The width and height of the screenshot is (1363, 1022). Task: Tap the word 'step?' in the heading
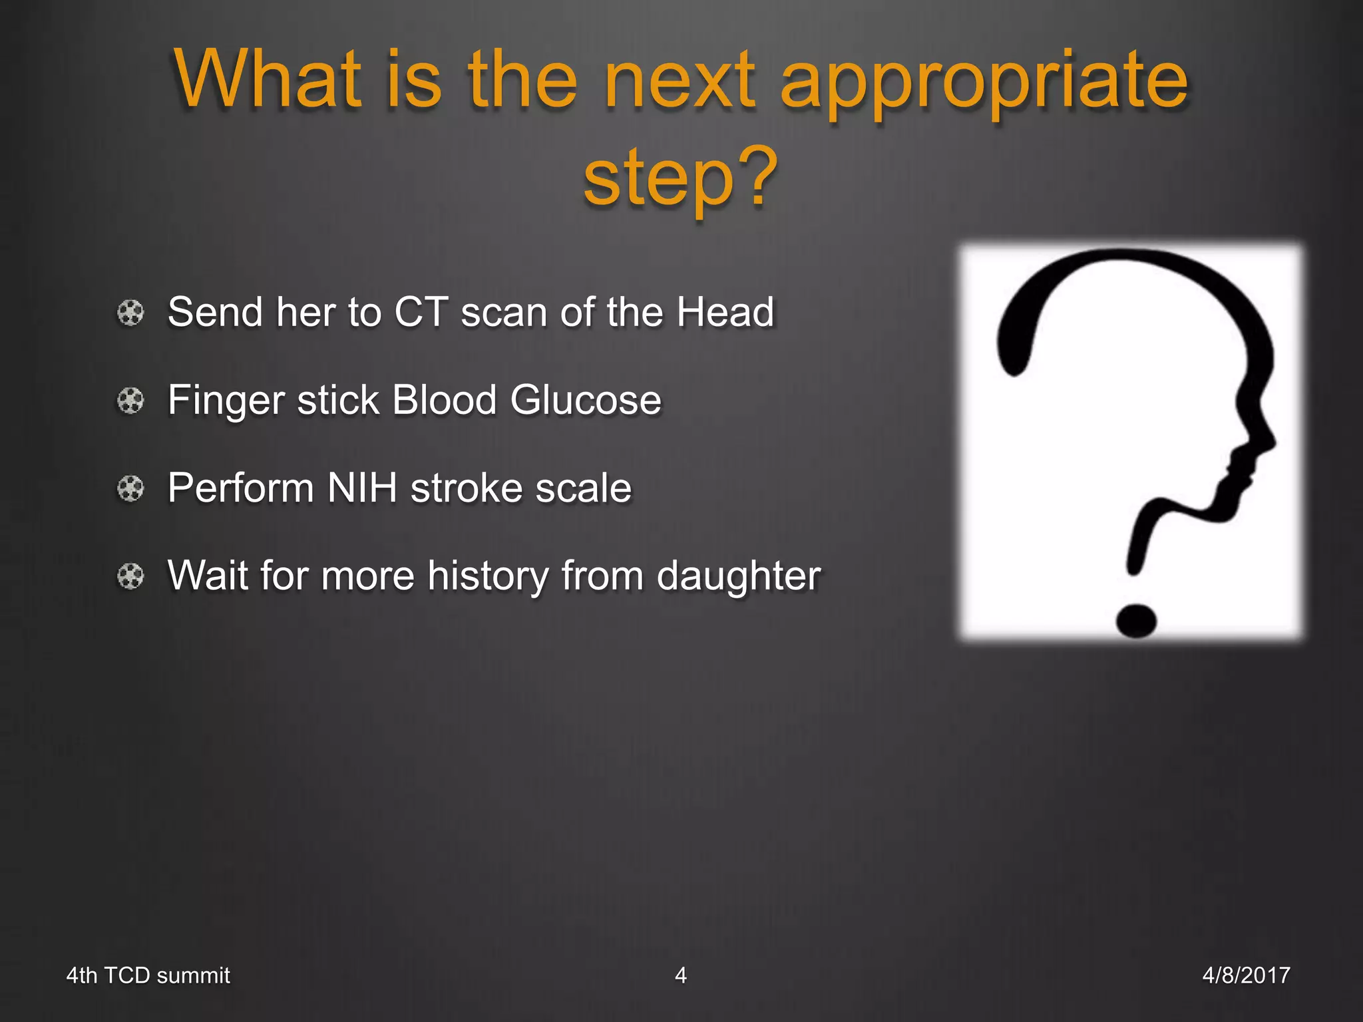(680, 178)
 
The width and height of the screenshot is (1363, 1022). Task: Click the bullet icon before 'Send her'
(130, 313)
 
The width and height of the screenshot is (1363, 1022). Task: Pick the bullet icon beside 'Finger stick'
(130, 401)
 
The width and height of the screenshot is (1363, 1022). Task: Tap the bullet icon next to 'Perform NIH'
(130, 488)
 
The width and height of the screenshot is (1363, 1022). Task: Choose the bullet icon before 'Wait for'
(130, 576)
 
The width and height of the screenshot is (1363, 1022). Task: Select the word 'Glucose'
(586, 401)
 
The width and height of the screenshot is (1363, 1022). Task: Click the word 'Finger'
(226, 401)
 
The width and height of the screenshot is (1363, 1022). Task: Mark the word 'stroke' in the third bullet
(467, 488)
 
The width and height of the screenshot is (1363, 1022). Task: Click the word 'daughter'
(738, 576)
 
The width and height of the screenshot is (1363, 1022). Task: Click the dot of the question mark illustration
(1136, 621)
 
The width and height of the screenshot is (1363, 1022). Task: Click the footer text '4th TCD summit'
(148, 975)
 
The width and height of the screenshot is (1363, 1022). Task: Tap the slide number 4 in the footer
(680, 975)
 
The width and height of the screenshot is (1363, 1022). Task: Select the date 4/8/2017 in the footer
(1246, 975)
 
